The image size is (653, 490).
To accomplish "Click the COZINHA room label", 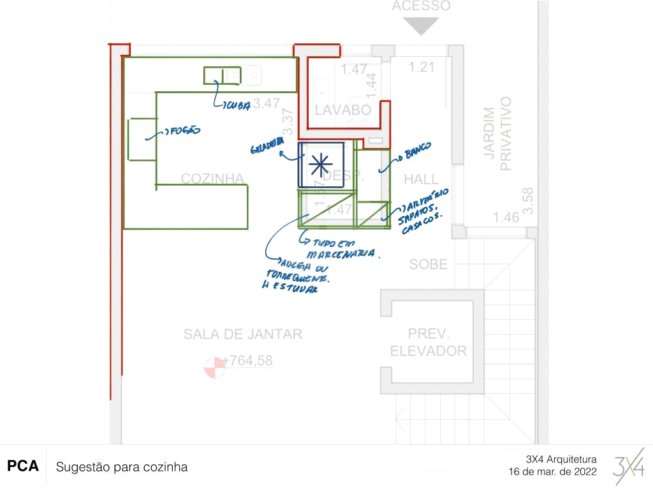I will click(x=213, y=179).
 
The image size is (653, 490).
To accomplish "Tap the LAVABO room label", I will click(x=342, y=110).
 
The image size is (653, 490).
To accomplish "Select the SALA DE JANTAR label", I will click(x=243, y=334).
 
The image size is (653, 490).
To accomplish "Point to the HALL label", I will click(x=422, y=180).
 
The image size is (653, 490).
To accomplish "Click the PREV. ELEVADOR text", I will click(x=429, y=343).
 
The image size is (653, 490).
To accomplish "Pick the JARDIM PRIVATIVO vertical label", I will click(x=497, y=134).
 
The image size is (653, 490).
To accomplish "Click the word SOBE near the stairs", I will click(x=429, y=264).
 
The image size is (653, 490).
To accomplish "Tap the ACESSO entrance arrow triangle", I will click(x=421, y=26).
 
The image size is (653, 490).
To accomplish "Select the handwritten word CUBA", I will click(x=236, y=107).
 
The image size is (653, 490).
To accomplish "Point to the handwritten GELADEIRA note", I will click(x=267, y=148).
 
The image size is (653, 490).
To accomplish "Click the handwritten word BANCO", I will click(x=415, y=151).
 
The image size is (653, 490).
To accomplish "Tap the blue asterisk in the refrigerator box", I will click(x=320, y=165).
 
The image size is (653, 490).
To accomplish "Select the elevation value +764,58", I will click(x=248, y=360).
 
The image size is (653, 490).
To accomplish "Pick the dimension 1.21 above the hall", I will click(x=421, y=67).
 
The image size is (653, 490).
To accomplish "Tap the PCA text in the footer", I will click(x=23, y=466).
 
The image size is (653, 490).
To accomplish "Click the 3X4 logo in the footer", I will click(x=629, y=467).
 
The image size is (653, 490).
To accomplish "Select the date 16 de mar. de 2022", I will click(x=553, y=472).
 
